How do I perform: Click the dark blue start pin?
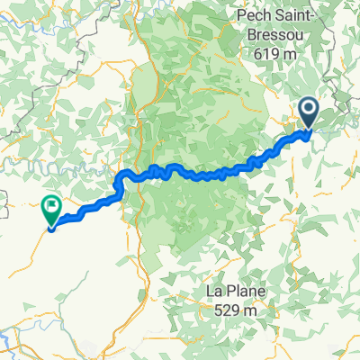[x=308, y=112]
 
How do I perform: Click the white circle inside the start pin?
[x=308, y=111]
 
